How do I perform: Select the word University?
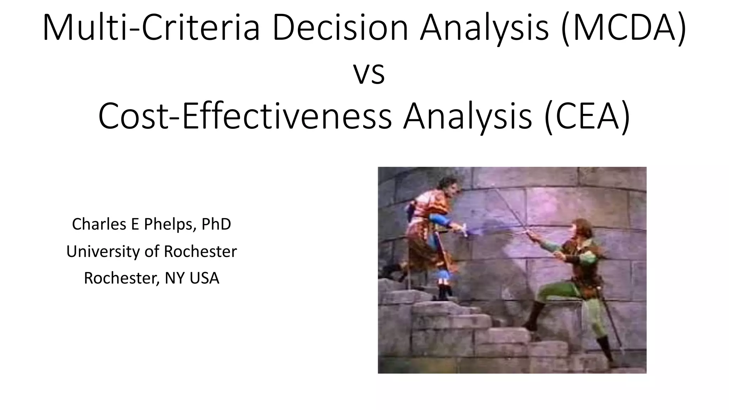tap(103, 251)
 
